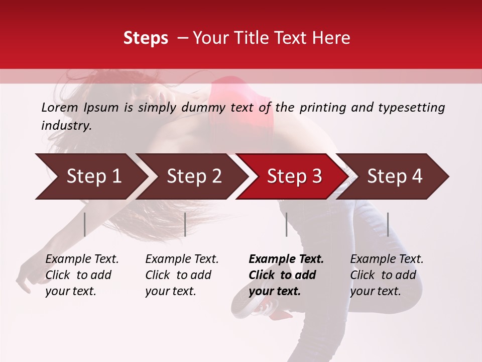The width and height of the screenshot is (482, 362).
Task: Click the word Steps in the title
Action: [x=146, y=38]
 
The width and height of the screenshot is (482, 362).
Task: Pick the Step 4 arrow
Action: [x=395, y=176]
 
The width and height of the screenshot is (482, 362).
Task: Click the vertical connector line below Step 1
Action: [x=85, y=224]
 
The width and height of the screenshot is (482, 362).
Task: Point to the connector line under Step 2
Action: [x=185, y=224]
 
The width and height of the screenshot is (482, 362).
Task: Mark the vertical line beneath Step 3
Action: [x=287, y=224]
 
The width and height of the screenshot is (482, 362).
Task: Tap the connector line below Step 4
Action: [x=388, y=224]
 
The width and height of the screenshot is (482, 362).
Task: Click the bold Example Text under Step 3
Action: [x=286, y=275]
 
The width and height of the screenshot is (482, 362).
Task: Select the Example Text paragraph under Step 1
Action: [x=82, y=275]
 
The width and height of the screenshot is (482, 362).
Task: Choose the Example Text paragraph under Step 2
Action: [x=182, y=275]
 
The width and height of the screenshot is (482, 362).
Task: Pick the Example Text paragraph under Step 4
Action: [x=387, y=275]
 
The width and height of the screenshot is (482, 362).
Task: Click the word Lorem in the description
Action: [x=60, y=108]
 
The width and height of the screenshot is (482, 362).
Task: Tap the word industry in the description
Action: [x=66, y=126]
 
